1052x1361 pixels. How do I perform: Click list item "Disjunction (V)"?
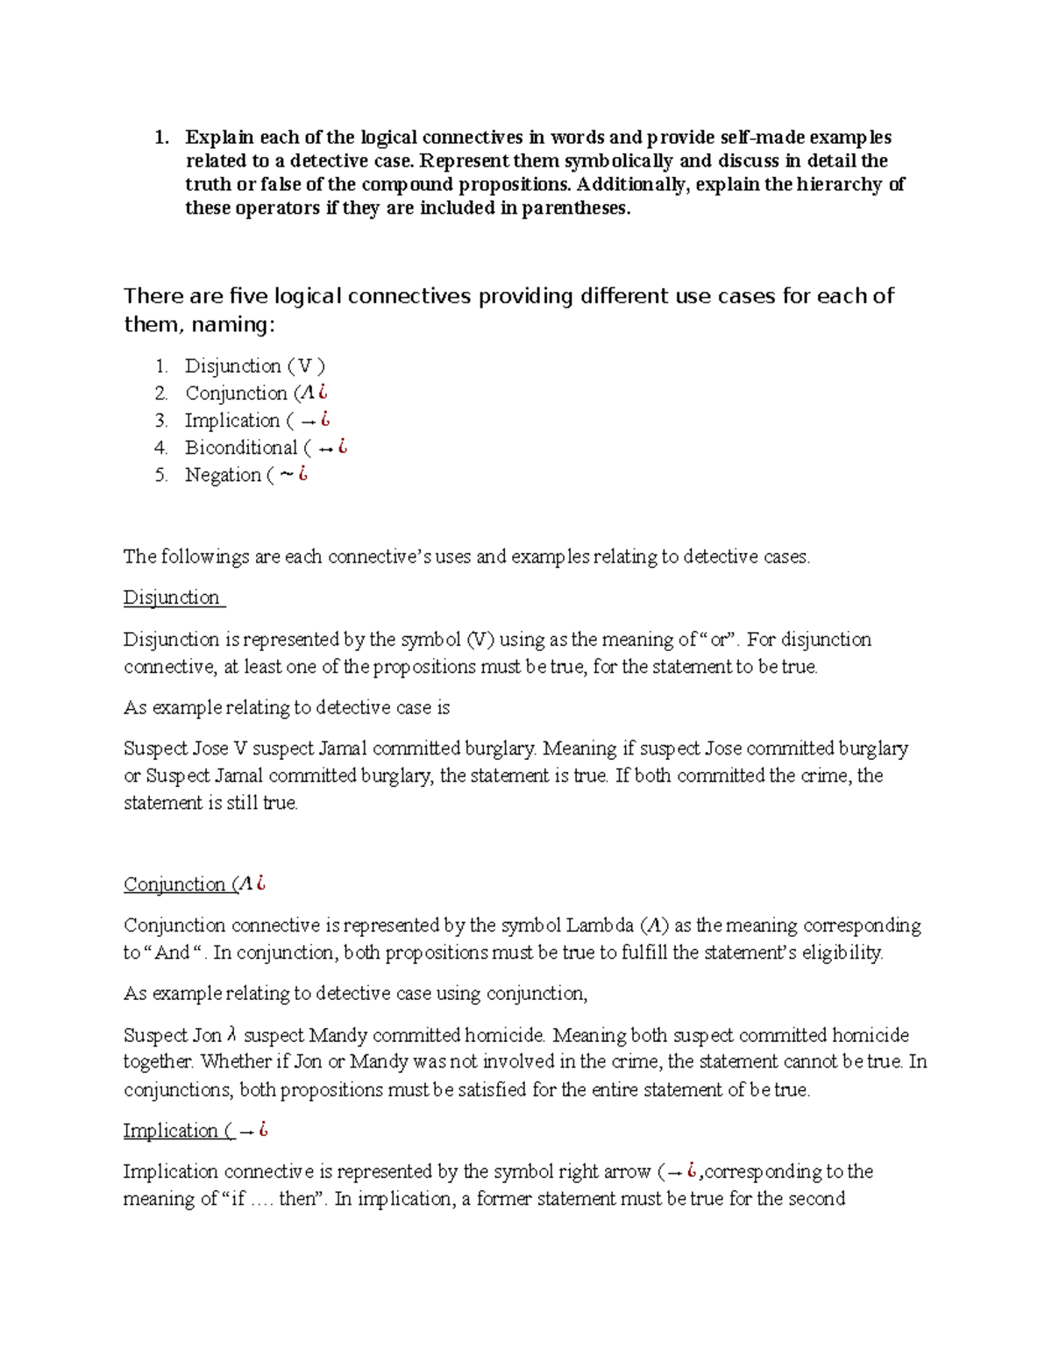(x=254, y=366)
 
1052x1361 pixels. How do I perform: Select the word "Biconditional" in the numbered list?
(x=241, y=448)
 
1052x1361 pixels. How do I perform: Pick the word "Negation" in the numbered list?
(x=223, y=475)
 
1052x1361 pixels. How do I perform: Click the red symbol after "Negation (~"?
(x=302, y=474)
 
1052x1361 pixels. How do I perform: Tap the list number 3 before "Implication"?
(x=161, y=421)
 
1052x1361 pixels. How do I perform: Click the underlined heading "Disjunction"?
(x=172, y=598)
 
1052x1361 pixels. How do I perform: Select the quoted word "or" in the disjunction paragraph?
(x=719, y=640)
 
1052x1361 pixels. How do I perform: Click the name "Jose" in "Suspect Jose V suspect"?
(x=210, y=748)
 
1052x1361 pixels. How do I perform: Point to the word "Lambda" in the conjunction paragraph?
(x=600, y=925)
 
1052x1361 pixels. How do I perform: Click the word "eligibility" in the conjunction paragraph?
(x=842, y=953)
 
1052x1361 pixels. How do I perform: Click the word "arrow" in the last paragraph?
(x=625, y=1172)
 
